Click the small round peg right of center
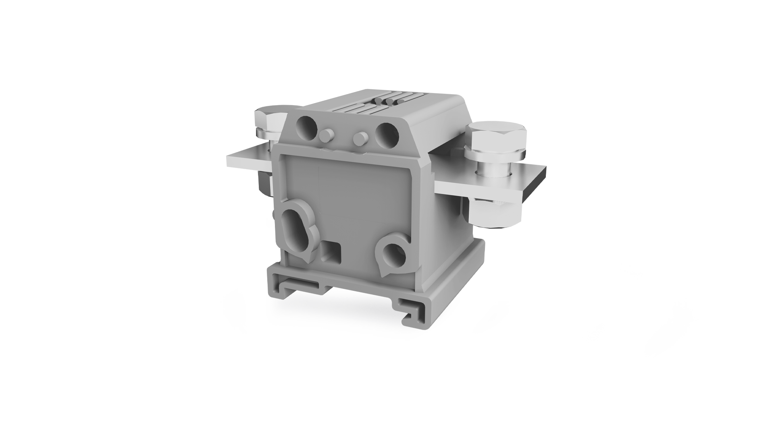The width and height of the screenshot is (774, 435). point(358,138)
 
